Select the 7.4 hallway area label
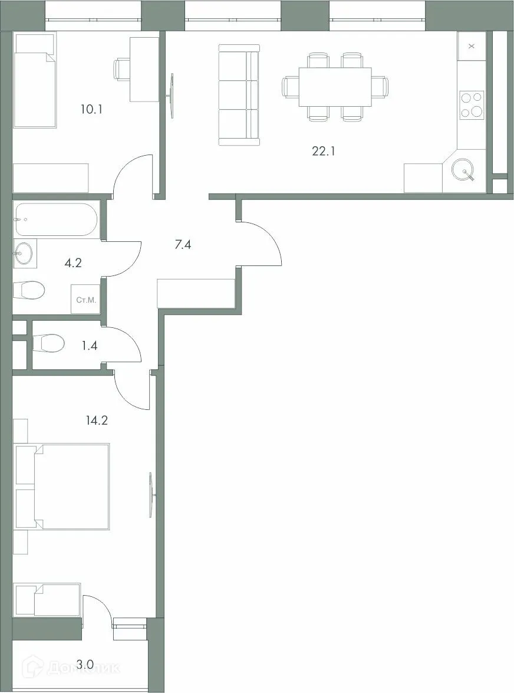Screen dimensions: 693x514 183,244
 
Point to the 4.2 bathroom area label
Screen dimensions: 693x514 73,262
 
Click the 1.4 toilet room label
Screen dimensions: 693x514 89,346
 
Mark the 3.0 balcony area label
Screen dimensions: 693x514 85,665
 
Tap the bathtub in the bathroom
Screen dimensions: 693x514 57,219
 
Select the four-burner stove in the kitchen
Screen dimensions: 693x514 472,105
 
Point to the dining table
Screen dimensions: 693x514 335,87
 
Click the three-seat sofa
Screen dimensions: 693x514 239,94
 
